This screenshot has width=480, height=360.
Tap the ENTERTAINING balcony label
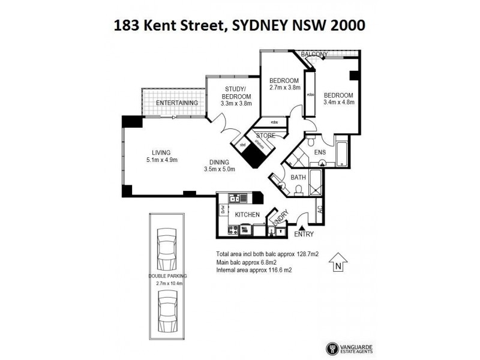click(x=177, y=103)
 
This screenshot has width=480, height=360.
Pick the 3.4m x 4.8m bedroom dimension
click(x=338, y=102)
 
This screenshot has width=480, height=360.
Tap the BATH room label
click(x=298, y=178)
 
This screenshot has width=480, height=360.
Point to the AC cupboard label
click(x=320, y=210)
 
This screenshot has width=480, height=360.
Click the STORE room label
click(x=265, y=136)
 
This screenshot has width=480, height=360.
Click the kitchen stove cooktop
click(x=232, y=230)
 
